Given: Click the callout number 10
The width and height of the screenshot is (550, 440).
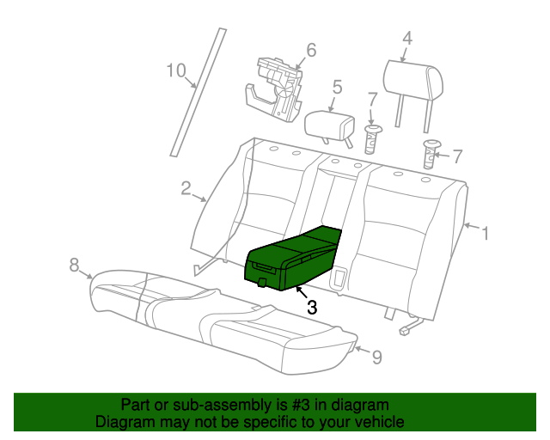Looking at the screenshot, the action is (x=175, y=70).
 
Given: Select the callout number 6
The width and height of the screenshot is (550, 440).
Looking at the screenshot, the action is (x=311, y=50).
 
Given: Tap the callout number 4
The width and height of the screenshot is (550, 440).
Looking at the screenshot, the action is (x=406, y=39).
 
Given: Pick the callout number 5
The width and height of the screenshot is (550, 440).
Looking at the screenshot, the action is (x=337, y=87).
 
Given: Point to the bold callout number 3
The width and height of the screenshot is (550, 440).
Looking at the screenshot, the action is (x=312, y=308).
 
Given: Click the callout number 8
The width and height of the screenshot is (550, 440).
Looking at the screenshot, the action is (x=74, y=265).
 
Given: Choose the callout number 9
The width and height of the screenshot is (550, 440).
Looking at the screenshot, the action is (x=376, y=357).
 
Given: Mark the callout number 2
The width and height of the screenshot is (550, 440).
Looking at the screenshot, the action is (x=186, y=188).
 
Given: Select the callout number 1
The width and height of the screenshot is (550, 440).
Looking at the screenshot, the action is (x=486, y=234).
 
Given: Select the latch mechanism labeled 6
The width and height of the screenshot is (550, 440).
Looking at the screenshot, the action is (x=274, y=89).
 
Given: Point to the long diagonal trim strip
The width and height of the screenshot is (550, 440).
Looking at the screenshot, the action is (x=199, y=92).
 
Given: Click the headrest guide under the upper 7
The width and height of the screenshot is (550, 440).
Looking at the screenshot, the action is (x=372, y=139).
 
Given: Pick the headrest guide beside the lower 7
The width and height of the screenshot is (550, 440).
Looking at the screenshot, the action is (x=431, y=154).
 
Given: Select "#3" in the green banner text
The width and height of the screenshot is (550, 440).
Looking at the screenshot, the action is (x=300, y=405).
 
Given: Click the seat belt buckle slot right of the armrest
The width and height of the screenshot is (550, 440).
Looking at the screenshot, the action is (x=338, y=278).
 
